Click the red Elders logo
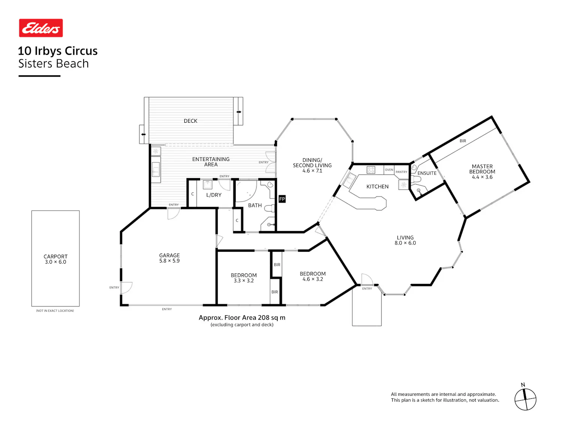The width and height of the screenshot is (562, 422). [x=41, y=28]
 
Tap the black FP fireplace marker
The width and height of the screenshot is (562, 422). [x=282, y=199]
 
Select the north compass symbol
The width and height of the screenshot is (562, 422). [x=525, y=398]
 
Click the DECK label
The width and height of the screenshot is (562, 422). [x=190, y=121]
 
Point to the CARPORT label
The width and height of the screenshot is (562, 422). [x=55, y=257]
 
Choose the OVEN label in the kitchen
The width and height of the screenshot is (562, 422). [x=389, y=170]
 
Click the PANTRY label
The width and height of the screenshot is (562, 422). [x=401, y=172]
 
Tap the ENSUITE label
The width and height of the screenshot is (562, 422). [x=427, y=173]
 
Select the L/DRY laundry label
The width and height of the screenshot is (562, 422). [x=214, y=195]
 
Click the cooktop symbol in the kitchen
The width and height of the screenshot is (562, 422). [x=371, y=170]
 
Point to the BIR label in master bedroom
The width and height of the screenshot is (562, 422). [x=463, y=141]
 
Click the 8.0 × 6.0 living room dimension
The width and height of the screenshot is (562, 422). [x=405, y=243]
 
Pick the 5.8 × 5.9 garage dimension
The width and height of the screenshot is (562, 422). [x=169, y=261]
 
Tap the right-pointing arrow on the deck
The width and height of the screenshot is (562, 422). [x=239, y=112]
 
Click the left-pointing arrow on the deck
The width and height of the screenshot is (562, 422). [x=143, y=134]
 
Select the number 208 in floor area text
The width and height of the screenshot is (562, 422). [x=264, y=318]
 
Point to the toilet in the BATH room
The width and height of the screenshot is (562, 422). [x=269, y=208]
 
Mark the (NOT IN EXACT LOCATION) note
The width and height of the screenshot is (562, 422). [x=55, y=311]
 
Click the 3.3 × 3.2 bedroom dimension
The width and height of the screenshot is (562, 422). [x=244, y=281]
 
